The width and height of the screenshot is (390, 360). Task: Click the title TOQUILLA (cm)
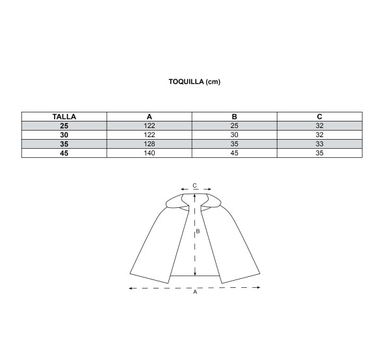pos(194,81)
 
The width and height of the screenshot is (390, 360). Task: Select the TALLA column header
pos(64,116)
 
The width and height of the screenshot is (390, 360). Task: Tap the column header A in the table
pos(149,116)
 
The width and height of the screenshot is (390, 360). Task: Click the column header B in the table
pos(234,116)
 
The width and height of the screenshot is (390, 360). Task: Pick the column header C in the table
pos(320,116)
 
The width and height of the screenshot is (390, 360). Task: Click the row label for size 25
pos(64,126)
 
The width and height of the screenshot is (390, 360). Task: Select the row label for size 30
pos(64,135)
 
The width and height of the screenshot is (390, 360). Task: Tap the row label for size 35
pos(64,144)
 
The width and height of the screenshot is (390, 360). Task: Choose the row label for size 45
pos(64,153)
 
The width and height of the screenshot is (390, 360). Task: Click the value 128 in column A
pos(149,144)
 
